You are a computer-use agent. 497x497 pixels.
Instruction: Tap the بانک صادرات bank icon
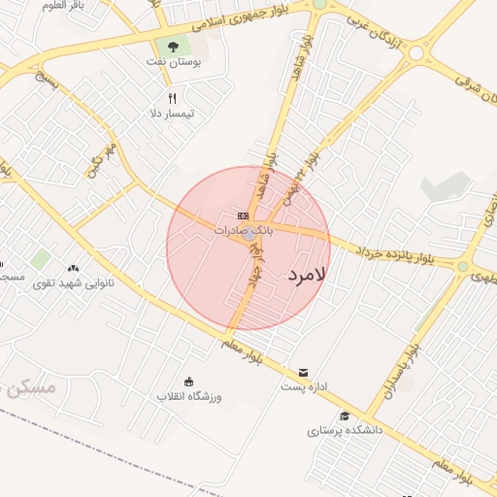coord(243,215)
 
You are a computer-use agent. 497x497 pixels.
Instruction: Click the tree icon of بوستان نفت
coord(173,46)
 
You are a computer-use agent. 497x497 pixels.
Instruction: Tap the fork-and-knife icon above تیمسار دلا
coord(173,98)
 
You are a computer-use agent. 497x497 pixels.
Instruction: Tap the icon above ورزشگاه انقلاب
coord(188,381)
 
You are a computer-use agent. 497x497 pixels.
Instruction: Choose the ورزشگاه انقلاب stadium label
coord(189,397)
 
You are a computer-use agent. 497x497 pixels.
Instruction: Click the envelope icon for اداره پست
coord(304,373)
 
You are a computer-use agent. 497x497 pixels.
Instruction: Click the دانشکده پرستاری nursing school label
coord(346,430)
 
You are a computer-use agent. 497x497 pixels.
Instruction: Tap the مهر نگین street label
coord(101,160)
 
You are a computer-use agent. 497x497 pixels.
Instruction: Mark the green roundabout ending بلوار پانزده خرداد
coord(463,266)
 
